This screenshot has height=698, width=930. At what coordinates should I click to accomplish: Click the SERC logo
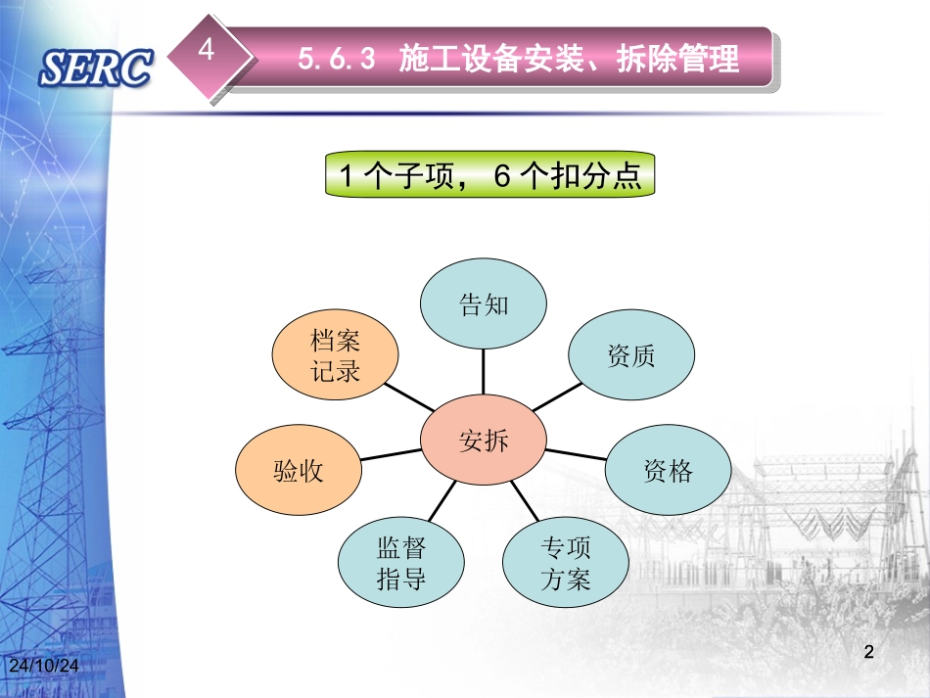pyautogui.click(x=96, y=68)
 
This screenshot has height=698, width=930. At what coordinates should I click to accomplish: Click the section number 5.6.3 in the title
pyautogui.click(x=337, y=61)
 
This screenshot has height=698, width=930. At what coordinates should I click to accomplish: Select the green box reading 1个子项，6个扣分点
pyautogui.click(x=489, y=175)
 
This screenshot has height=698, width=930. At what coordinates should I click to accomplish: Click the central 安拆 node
pyautogui.click(x=484, y=442)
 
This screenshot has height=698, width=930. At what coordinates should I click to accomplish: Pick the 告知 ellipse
pyautogui.click(x=484, y=304)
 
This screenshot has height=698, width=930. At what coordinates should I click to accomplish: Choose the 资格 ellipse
pyautogui.click(x=668, y=472)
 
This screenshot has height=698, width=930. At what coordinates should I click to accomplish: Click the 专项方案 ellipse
pyautogui.click(x=566, y=563)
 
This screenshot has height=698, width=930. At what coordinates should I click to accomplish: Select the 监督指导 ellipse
pyautogui.click(x=401, y=563)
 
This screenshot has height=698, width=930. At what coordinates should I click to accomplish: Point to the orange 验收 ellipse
pyautogui.click(x=299, y=472)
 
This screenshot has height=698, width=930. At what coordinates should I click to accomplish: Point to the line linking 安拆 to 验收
pyautogui.click(x=392, y=454)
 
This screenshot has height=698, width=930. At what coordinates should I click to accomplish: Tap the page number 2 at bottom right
pyautogui.click(x=868, y=652)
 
